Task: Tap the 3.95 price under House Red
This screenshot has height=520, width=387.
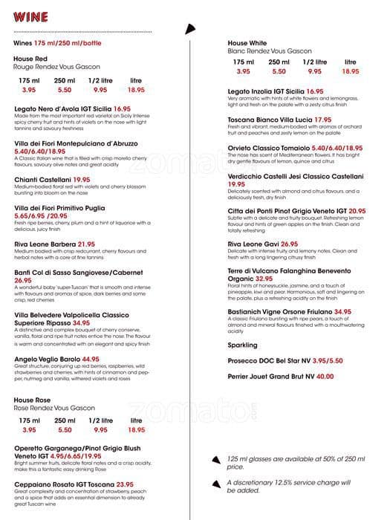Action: pos(29,90)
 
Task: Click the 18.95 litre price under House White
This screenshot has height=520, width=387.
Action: pos(351,72)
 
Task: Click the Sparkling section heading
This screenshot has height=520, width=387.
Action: pos(244,345)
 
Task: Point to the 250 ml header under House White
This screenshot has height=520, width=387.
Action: pos(279,62)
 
